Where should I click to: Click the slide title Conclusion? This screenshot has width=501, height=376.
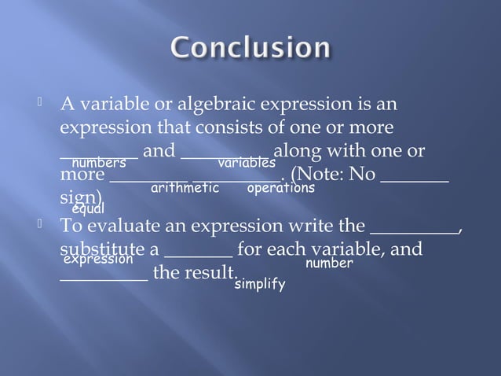click(x=251, y=48)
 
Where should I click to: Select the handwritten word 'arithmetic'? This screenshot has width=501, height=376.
click(x=185, y=189)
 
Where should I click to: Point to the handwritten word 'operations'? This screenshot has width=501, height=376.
click(x=280, y=189)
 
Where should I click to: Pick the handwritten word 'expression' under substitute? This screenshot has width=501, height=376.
click(x=97, y=259)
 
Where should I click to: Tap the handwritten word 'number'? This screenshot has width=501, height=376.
click(x=329, y=264)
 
